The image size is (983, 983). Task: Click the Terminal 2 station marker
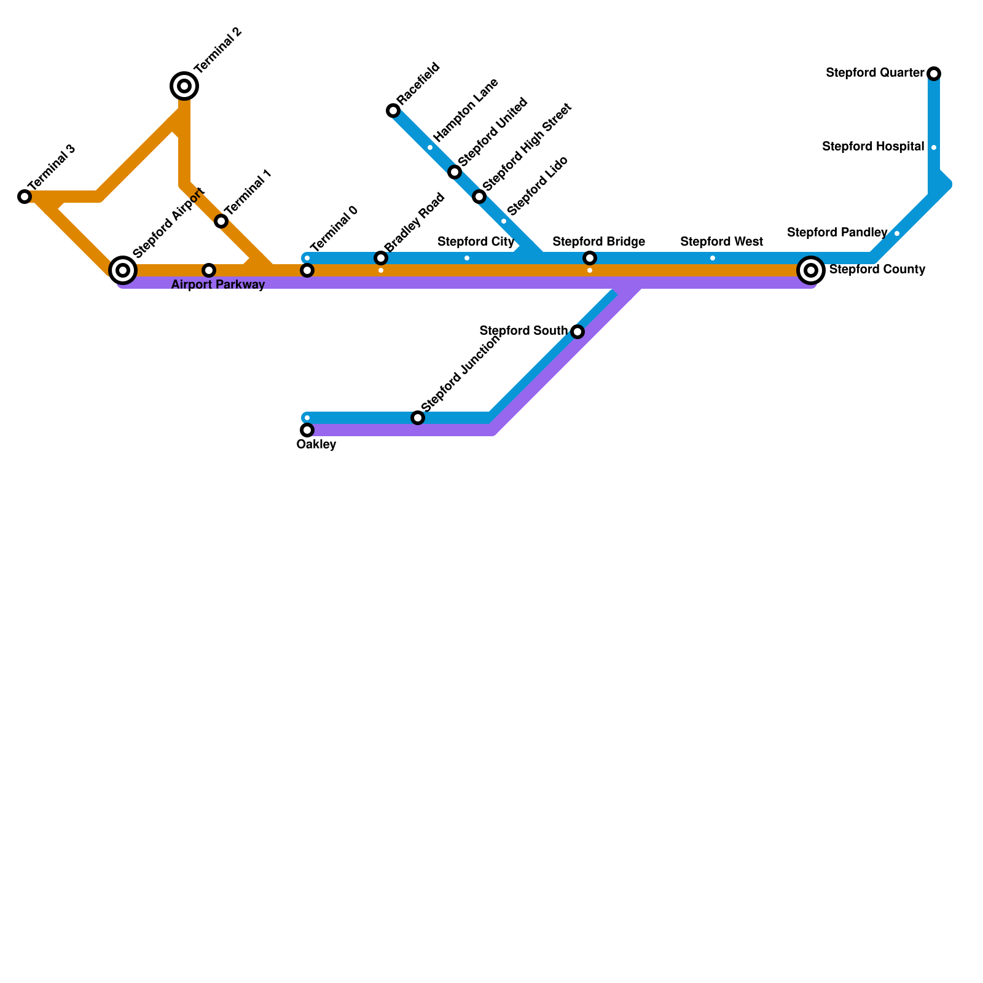click(184, 86)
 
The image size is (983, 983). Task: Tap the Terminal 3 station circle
click(25, 197)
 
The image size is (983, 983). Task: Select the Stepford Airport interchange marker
click(123, 270)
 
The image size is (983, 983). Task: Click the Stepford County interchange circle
click(811, 270)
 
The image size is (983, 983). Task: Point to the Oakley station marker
click(307, 430)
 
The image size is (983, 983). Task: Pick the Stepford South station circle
click(578, 332)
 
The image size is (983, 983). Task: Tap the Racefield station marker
click(393, 111)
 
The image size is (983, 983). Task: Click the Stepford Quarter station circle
click(934, 74)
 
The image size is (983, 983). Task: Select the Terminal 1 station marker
click(221, 221)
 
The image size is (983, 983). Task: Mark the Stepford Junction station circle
click(418, 418)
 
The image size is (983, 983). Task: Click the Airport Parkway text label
click(218, 285)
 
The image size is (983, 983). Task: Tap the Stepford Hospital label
click(873, 147)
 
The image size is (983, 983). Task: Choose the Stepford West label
click(721, 242)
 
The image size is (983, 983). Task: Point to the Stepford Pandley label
click(837, 233)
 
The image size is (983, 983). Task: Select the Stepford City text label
click(476, 242)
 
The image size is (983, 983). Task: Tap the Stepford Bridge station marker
click(590, 258)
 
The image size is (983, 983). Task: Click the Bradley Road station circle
click(381, 258)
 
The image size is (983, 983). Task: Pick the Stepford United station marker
click(455, 172)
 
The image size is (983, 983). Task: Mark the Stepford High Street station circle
click(479, 197)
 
